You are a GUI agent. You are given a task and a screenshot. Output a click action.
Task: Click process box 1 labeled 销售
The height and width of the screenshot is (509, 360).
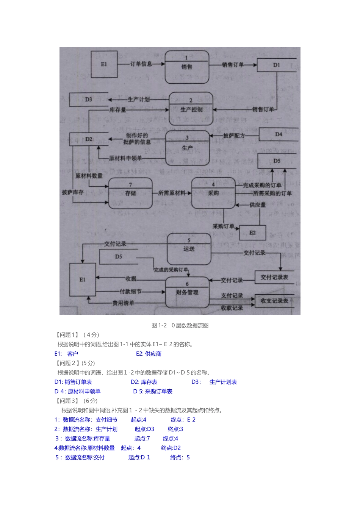click(187, 67)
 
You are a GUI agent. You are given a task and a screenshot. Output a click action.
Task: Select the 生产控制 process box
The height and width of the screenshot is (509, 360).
click(191, 109)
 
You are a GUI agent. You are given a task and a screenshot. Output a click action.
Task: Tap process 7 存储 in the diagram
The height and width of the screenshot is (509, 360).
click(130, 193)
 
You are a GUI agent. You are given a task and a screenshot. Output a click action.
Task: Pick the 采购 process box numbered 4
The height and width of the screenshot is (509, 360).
click(213, 193)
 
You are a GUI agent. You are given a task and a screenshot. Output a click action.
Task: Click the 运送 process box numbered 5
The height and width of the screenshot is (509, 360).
click(189, 249)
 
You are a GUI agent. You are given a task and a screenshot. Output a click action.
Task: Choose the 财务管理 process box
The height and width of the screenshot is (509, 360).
click(187, 292)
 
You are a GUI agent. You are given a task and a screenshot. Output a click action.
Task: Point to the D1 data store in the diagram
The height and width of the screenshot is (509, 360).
click(276, 65)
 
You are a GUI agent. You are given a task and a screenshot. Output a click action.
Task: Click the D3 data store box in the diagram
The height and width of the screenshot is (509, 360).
click(89, 99)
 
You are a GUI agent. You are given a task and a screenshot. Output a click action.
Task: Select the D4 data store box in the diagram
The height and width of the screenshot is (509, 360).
click(279, 134)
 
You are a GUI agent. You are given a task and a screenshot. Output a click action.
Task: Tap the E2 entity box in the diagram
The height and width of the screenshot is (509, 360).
click(252, 233)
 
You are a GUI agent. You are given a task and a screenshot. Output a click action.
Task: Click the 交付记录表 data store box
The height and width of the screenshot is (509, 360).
click(274, 277)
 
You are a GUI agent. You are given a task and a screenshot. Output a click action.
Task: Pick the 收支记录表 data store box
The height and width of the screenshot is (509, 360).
click(274, 301)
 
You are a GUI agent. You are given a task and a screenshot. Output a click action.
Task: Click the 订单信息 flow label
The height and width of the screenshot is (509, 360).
click(141, 64)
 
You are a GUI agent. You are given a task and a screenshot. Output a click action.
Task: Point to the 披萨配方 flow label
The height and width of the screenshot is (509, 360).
click(234, 135)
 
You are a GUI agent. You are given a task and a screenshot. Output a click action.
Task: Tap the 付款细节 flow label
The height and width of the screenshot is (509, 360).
click(130, 292)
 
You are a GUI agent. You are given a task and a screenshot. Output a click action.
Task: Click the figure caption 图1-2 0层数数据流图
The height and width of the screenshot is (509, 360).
click(180, 325)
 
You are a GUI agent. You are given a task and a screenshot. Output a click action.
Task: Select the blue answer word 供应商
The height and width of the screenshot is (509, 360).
click(153, 354)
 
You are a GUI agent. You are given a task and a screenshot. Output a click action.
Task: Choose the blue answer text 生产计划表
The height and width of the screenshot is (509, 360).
click(223, 382)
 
